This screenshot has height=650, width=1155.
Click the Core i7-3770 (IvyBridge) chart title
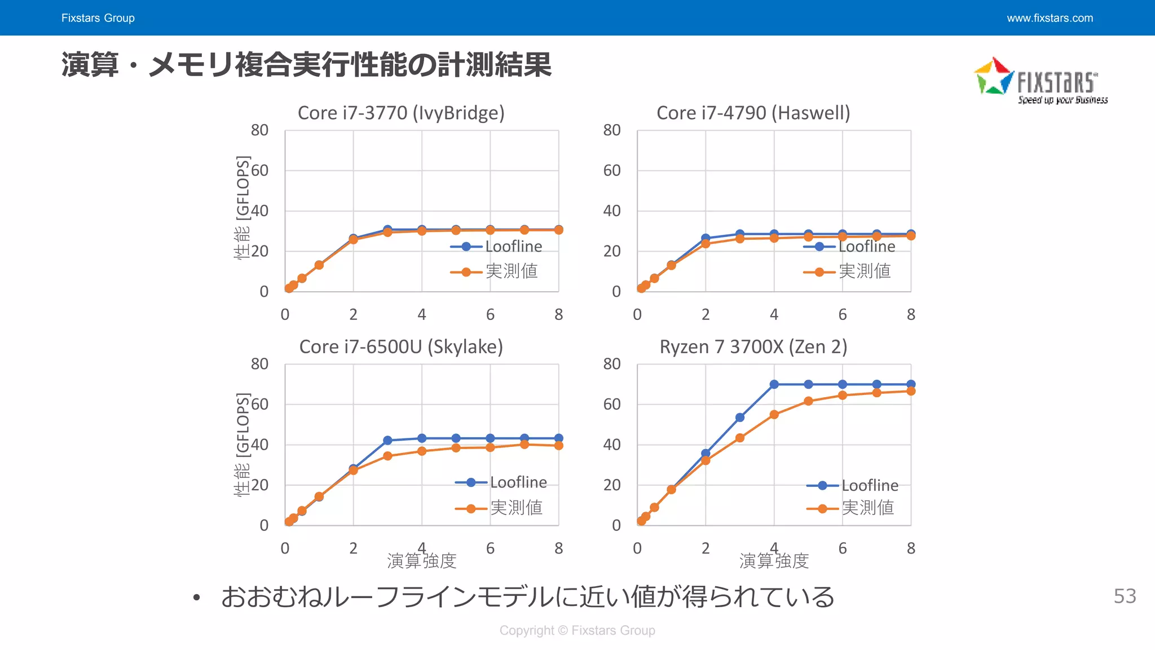coord(401,113)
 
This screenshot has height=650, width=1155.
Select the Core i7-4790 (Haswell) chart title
coord(753,113)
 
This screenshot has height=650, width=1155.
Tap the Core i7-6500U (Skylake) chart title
coord(401,346)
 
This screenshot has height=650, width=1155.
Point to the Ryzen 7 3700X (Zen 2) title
coord(753,346)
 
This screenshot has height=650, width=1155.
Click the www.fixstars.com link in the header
coord(1050,18)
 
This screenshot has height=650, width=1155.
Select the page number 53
coord(1125,596)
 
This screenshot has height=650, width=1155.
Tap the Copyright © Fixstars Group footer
coord(577,630)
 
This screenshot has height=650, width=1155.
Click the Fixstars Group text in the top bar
coord(98,18)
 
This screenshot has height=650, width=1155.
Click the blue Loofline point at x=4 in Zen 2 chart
coord(774,384)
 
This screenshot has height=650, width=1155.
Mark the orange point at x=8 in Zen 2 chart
coord(911,391)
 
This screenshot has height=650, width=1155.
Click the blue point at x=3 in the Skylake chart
coord(387,441)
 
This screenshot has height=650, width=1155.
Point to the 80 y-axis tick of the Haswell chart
coord(612,130)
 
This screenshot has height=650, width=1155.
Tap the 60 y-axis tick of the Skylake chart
coord(259,404)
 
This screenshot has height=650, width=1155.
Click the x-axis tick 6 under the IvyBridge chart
coord(490,314)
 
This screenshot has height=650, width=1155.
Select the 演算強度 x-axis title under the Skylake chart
coord(421,561)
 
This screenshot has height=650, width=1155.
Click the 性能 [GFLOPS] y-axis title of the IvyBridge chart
coord(242,207)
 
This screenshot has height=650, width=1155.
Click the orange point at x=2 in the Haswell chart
coord(706,244)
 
